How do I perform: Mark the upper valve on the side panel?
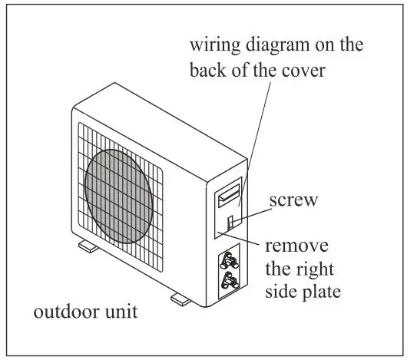click(229, 259)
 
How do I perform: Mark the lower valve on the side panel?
click(228, 280)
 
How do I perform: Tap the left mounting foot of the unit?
click(84, 247)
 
